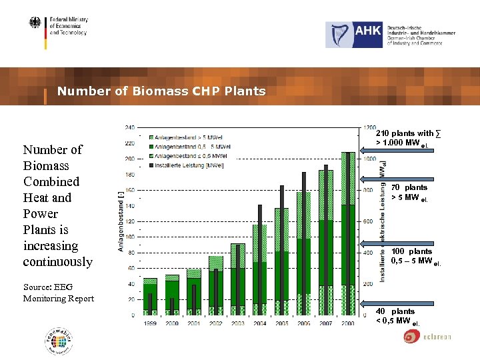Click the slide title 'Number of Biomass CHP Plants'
tap(161, 91)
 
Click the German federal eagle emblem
tap(35, 24)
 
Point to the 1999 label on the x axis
tap(150, 323)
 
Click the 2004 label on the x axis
tap(259, 323)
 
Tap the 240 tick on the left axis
tap(130, 127)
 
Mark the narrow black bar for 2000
tap(172, 305)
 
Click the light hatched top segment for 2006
tap(303, 215)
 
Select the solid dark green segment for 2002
tap(216, 287)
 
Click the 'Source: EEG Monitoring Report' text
tap(59, 293)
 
